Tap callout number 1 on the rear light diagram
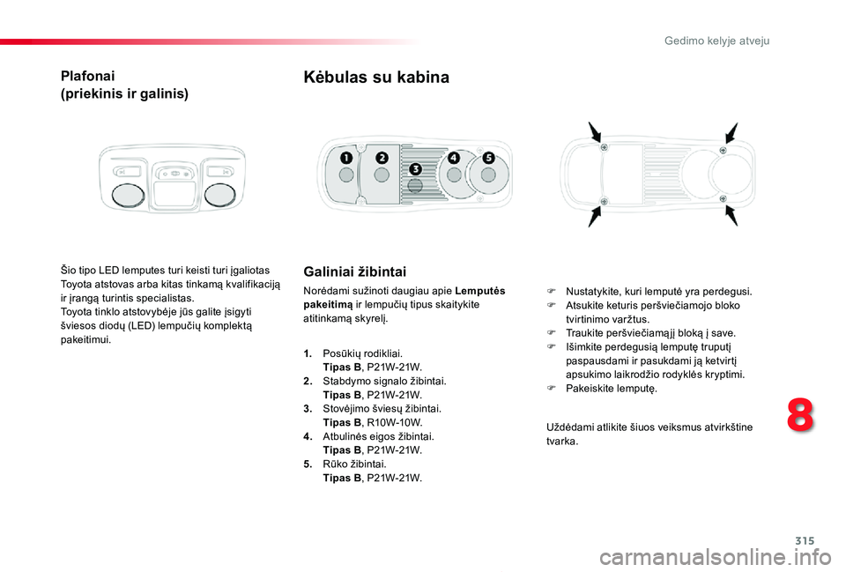coord(346,158)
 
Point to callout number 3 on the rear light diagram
coord(415,168)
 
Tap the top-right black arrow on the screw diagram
coord(731,133)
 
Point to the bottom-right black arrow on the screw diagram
coord(732,215)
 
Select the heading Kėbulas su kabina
coord(376,78)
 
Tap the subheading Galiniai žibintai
coord(354,271)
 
